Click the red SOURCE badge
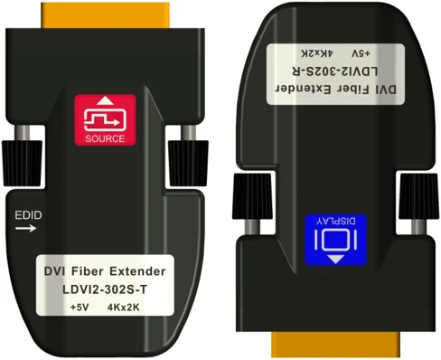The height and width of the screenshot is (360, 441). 106,121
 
